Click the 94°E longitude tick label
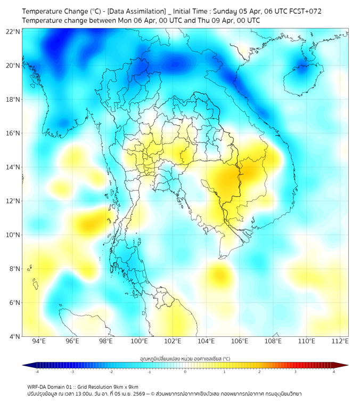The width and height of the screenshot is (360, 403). click(x=39, y=342)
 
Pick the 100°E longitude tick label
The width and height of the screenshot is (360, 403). click(x=140, y=342)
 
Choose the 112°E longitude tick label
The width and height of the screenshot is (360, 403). click(x=340, y=342)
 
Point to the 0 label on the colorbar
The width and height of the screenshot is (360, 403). click(x=185, y=372)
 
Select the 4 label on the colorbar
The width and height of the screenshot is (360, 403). click(x=334, y=372)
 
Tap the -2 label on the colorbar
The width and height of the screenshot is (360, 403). click(x=111, y=372)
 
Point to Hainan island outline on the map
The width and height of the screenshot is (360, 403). click(x=301, y=80)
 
